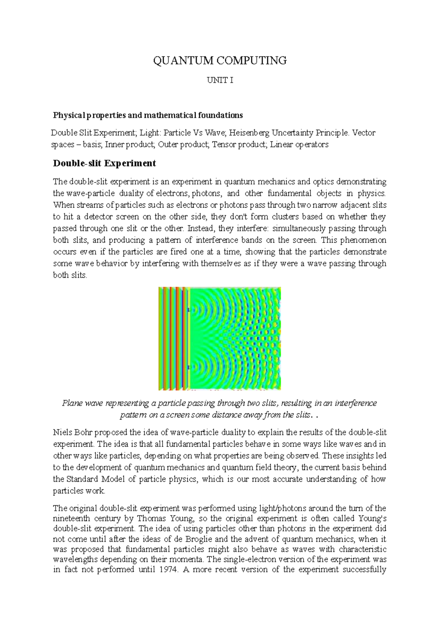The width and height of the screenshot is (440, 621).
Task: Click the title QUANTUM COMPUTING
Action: coord(220,60)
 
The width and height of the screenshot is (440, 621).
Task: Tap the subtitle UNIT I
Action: coord(220,81)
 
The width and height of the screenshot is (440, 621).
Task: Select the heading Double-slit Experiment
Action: coord(104,163)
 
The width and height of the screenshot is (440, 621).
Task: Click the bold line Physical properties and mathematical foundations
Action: coord(148,115)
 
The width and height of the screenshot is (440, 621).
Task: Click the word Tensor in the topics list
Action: coord(224,144)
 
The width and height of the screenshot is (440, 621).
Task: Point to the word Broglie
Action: coord(199,539)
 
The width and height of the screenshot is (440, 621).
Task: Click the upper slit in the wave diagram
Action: coord(188,310)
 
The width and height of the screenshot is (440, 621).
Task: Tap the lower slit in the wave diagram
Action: coord(188,367)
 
